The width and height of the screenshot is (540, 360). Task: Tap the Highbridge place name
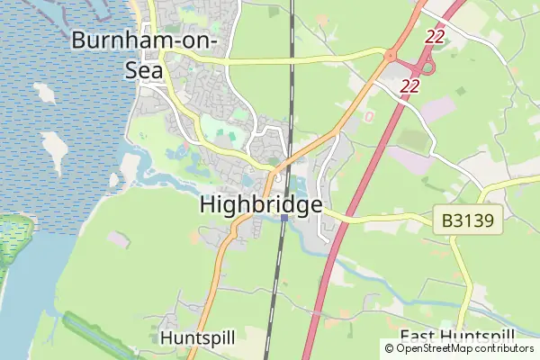click(260, 205)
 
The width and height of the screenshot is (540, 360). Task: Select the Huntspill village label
click(197, 337)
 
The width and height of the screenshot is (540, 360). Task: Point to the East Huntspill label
click(457, 337)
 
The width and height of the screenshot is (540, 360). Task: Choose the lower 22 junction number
click(411, 85)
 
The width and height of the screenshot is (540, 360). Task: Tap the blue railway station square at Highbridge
click(283, 217)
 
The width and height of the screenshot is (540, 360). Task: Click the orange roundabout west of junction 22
click(391, 56)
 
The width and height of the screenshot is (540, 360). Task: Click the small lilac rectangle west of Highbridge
click(117, 238)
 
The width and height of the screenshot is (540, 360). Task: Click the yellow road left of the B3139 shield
click(387, 218)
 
